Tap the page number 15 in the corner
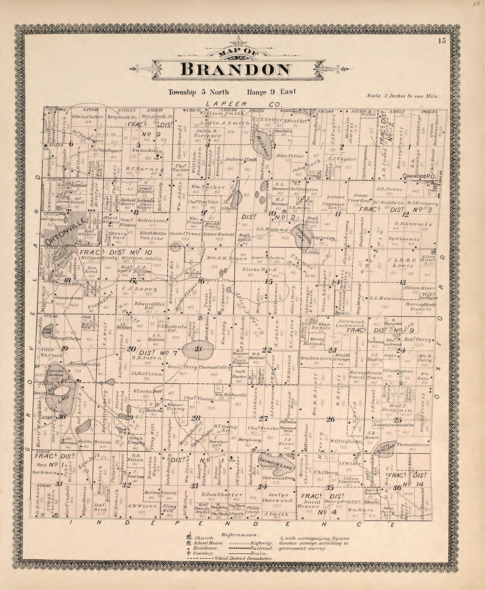442,41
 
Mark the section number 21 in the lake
198,349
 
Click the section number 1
409,147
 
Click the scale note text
403,96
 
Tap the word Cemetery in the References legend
204,553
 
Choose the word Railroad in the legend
262,548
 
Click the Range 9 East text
271,92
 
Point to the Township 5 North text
198,92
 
